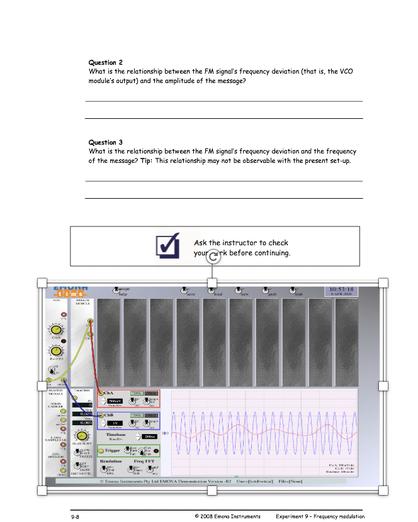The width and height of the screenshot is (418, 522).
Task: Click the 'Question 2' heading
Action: pyautogui.click(x=106, y=62)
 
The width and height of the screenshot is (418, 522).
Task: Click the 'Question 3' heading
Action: pyautogui.click(x=106, y=142)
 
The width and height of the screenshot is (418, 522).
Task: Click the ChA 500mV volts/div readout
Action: pyautogui.click(x=115, y=401)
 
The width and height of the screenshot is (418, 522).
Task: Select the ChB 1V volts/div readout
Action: pyautogui.click(x=115, y=424)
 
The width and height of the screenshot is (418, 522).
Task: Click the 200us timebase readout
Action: pyautogui.click(x=149, y=436)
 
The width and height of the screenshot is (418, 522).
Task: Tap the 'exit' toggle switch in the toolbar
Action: pyautogui.click(x=293, y=291)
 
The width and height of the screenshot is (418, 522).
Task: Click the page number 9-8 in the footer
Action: pyautogui.click(x=75, y=516)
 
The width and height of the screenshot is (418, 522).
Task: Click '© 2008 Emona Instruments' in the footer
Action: pyautogui.click(x=228, y=516)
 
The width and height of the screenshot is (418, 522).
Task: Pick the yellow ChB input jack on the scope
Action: pyautogui.click(x=100, y=416)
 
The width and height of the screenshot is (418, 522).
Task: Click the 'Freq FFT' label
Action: pyautogui.click(x=144, y=462)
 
